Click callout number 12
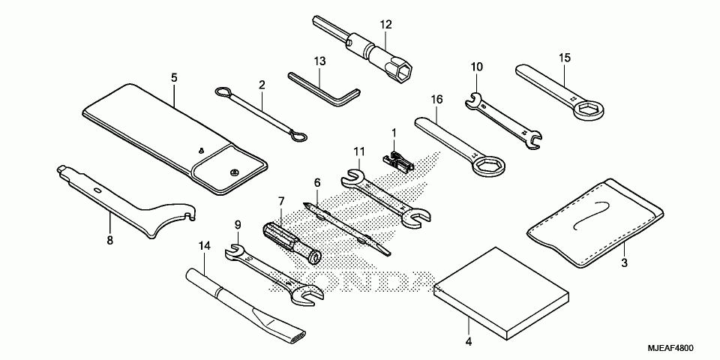[x=385, y=25]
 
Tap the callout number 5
[x=174, y=77]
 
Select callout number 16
[x=436, y=98]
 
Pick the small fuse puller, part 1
[x=397, y=158]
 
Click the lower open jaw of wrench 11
[x=415, y=218]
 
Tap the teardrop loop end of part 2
[x=297, y=136]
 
